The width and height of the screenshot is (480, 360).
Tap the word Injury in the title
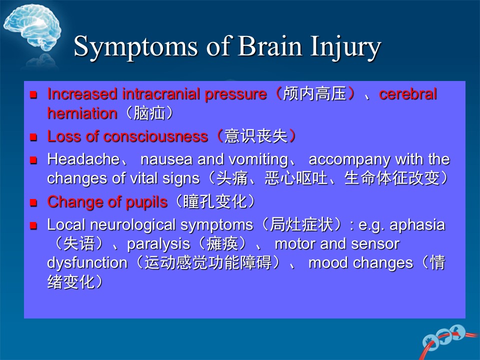[345, 47]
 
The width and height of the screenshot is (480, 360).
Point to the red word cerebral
[408, 94]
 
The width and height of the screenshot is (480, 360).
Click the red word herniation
[82, 113]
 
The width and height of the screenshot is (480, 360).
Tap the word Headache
[83, 159]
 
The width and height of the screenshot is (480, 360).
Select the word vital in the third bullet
[143, 178]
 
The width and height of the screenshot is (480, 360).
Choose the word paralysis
[158, 244]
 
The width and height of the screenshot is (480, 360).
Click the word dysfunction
[87, 263]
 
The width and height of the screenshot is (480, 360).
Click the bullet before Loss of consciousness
[33, 136]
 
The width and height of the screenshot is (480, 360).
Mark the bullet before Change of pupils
[33, 202]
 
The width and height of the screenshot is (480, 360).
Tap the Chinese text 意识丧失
[256, 136]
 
